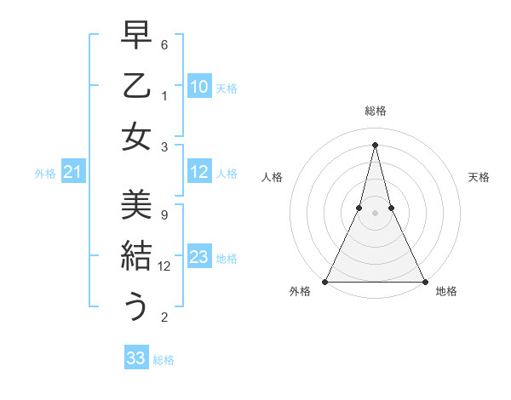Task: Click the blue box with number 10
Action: coord(199,87)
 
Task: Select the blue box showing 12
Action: coord(199,173)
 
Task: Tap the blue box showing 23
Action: coord(199,257)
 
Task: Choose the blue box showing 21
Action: coord(72,173)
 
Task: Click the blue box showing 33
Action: coord(136,358)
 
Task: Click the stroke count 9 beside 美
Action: coord(164,214)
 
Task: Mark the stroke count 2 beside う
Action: coord(164,317)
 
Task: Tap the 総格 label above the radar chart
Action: coord(375,111)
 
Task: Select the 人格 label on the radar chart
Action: coord(273,177)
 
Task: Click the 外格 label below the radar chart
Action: coord(300,292)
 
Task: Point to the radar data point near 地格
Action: coord(423,281)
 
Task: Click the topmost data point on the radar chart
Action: coord(375,144)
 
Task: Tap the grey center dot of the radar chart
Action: coord(375,214)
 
